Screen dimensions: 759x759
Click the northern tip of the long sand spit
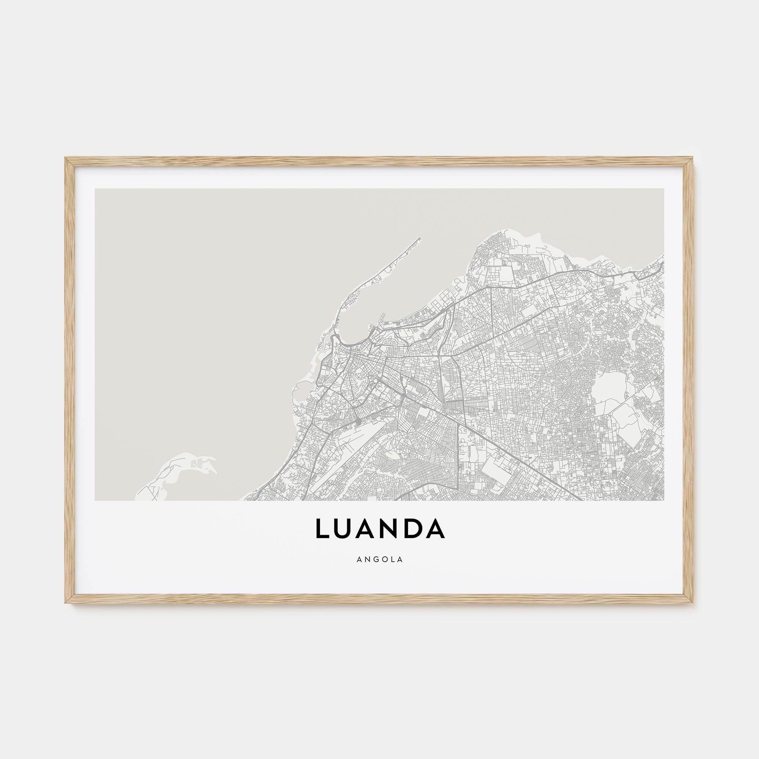420,238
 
